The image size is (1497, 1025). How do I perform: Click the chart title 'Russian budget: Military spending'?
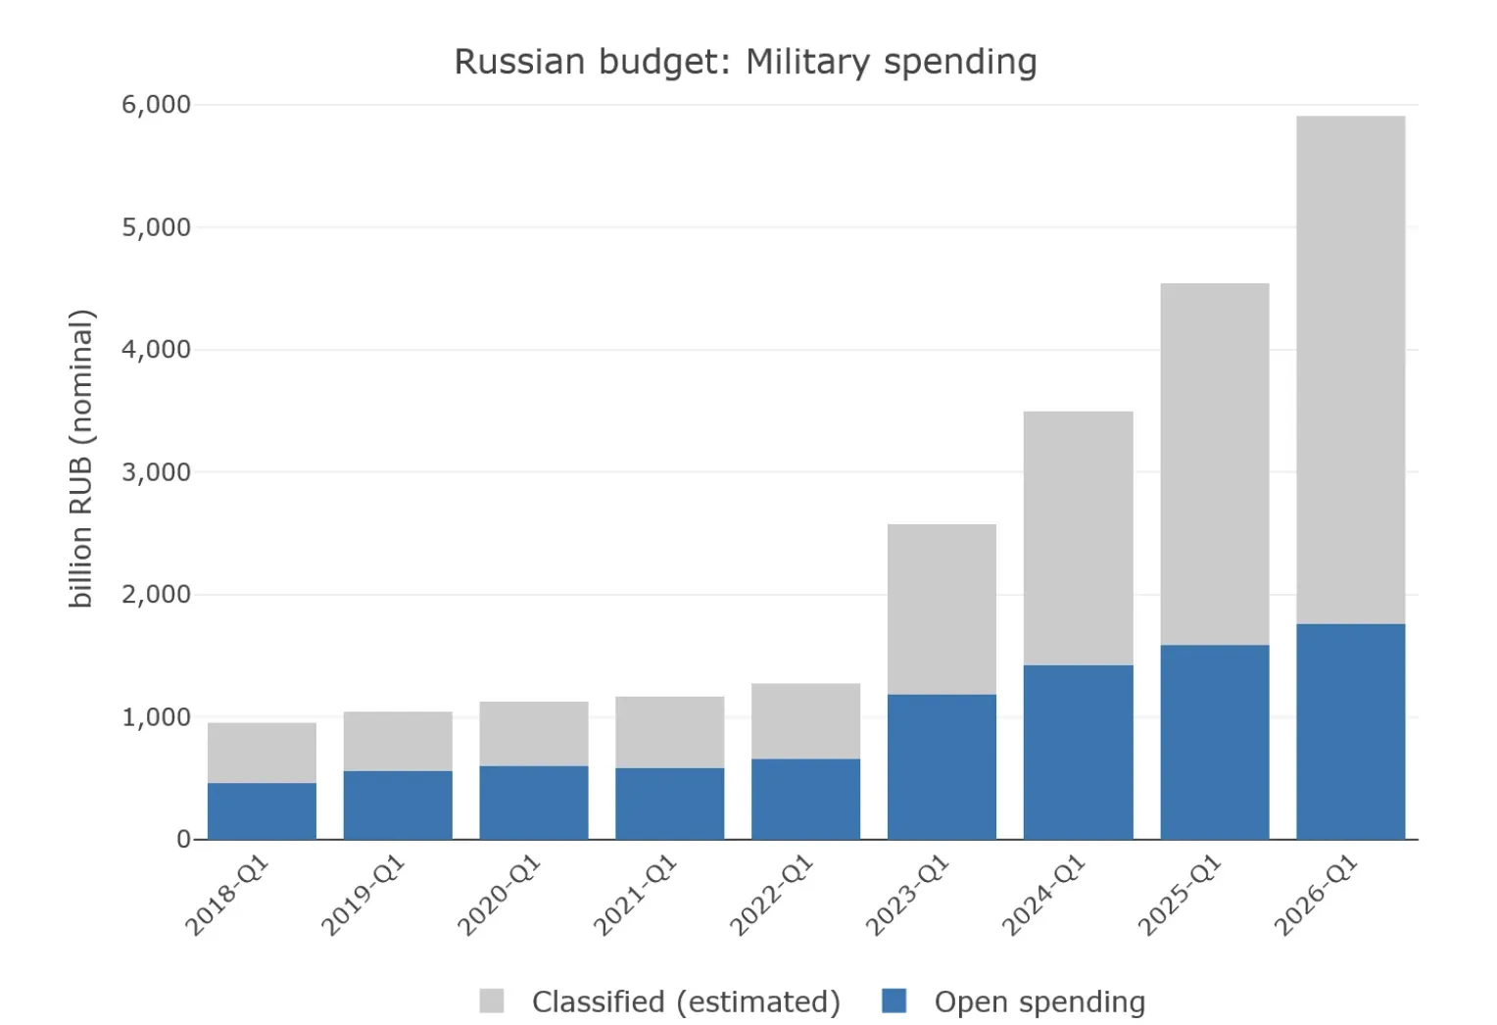(746, 62)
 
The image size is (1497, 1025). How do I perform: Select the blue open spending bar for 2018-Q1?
(262, 811)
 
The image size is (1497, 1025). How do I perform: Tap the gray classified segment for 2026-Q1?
(1351, 370)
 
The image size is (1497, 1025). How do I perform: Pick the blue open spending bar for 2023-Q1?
(942, 767)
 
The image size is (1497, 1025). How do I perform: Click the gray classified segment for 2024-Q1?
(1078, 538)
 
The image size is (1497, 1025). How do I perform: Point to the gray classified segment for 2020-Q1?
(534, 734)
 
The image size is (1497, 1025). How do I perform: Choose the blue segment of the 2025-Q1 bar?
(1214, 742)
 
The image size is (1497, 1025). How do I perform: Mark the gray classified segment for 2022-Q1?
(805, 721)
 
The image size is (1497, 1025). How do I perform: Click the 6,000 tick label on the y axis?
(156, 105)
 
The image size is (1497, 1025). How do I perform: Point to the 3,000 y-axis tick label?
(156, 472)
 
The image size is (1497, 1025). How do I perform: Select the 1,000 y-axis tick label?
(156, 717)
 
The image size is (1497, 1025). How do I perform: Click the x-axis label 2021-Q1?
(636, 896)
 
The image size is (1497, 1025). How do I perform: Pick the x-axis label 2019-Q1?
(363, 896)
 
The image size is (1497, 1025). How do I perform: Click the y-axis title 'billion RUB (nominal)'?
(81, 459)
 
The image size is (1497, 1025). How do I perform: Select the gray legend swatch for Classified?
(492, 1001)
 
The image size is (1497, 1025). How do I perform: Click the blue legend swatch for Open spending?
(894, 1001)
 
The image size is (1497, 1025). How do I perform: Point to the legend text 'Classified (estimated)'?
(687, 1002)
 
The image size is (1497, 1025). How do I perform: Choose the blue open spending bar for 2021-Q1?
(670, 804)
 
